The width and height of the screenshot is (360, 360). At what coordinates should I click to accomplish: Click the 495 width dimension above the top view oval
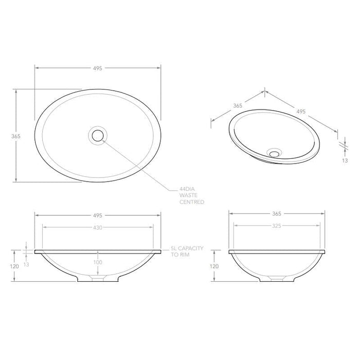(x=98, y=68)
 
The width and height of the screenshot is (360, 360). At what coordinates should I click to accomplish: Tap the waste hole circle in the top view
(x=97, y=135)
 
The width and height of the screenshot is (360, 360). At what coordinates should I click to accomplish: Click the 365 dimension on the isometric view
(x=238, y=105)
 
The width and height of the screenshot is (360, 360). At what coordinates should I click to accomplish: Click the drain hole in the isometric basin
(x=276, y=152)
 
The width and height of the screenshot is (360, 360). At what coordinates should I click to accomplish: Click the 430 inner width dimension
(x=98, y=227)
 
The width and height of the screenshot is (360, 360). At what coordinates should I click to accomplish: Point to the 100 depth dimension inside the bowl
(x=98, y=263)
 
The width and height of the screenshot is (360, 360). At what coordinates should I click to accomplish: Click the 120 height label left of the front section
(x=14, y=266)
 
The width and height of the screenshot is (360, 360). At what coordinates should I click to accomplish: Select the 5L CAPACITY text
(x=187, y=248)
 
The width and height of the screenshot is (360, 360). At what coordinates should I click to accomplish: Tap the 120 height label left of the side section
(x=214, y=266)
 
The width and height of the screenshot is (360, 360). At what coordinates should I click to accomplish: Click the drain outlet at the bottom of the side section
(x=276, y=279)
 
